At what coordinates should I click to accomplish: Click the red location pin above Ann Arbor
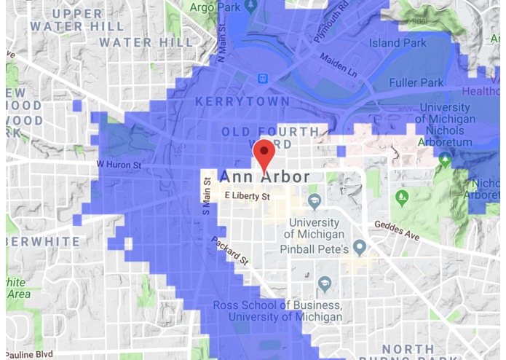(264, 154)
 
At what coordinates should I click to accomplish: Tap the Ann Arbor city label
(264, 177)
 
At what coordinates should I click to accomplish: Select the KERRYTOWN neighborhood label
(242, 102)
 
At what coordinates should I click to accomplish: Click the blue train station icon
(261, 79)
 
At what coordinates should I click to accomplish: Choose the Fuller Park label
(416, 82)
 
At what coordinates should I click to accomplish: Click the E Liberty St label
(247, 196)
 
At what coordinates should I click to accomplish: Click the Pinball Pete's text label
(315, 250)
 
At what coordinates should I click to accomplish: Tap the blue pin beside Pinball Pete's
(359, 248)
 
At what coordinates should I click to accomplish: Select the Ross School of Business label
(277, 305)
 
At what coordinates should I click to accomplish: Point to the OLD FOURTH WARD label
(271, 133)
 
